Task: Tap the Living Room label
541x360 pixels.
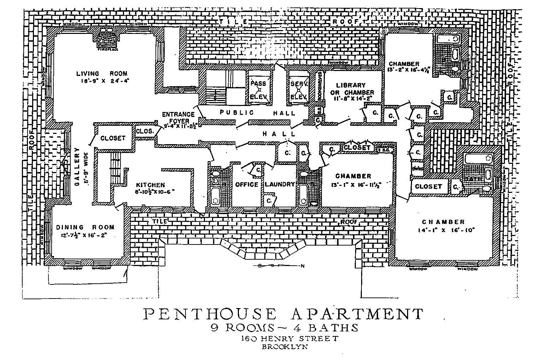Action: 102,73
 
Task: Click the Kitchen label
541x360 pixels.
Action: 150,185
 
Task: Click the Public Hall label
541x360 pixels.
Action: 257,113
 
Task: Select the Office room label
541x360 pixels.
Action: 246,184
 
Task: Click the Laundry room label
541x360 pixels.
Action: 280,184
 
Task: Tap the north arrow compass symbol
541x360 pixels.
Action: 279,266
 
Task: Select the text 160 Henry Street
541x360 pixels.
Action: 289,338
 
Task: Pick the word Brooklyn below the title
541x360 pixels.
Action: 284,347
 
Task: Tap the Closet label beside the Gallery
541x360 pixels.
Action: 113,138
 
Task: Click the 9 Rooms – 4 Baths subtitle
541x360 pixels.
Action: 284,327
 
